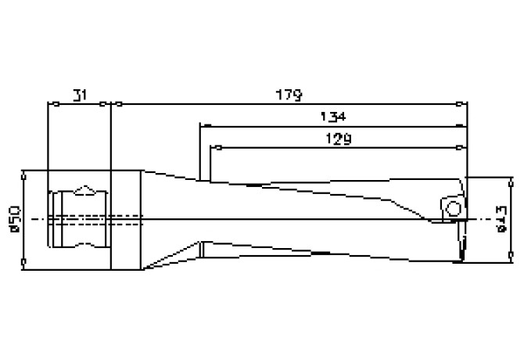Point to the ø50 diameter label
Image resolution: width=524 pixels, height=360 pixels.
tap(13, 220)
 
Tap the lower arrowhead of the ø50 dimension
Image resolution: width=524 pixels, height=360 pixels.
tap(27, 264)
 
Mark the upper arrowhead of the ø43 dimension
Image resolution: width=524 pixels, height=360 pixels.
tap(511, 182)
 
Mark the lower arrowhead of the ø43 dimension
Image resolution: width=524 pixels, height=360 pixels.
tap(511, 256)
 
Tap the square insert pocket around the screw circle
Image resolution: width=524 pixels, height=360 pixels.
tap(450, 205)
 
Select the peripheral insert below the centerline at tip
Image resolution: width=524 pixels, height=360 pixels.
tap(461, 243)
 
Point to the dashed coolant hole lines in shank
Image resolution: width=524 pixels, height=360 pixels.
tap(78, 219)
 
